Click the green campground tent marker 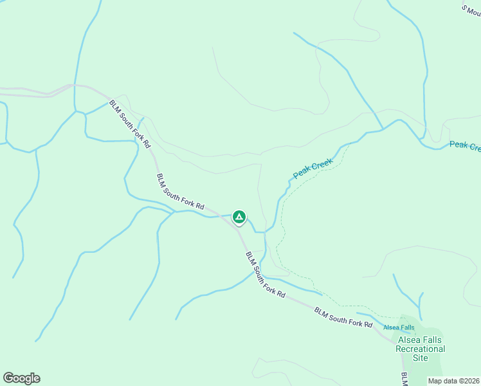pos(239,217)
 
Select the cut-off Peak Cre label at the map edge pos(464,147)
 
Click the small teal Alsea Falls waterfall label pos(399,327)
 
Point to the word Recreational pos(420,349)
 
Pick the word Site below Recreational pos(421,358)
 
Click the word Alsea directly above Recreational pos(410,340)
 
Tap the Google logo pos(21,378)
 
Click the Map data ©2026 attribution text pos(453,381)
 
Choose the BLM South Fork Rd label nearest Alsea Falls pos(343,318)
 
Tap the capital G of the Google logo pos(8,378)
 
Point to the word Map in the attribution pos(435,381)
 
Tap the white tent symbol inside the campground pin pos(239,217)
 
